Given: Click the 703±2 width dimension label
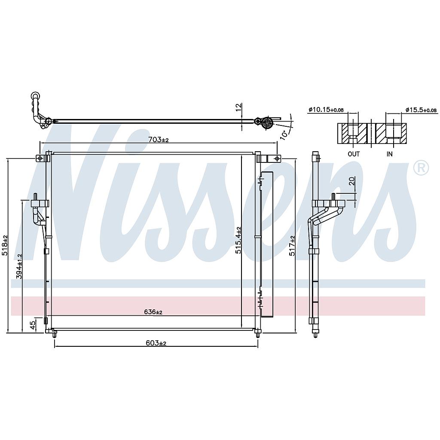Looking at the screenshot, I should [x=158, y=140].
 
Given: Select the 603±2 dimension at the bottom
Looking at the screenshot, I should [x=156, y=343].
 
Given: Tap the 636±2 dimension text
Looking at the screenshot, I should [x=153, y=312].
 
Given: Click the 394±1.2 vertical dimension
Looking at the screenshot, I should [x=19, y=266].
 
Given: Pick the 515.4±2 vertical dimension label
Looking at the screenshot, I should [x=238, y=241].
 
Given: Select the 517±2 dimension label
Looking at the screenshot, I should [x=293, y=246].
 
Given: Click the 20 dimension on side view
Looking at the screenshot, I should [x=352, y=181].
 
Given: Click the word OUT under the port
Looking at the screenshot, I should [x=354, y=154].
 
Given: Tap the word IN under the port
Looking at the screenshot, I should [x=389, y=154].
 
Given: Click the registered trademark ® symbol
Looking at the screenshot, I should [x=421, y=168].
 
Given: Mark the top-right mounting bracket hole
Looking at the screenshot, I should [x=277, y=159].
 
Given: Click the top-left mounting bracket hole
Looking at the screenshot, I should [x=40, y=159].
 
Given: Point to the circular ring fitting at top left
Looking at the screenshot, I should [x=35, y=96].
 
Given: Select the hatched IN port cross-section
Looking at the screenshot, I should [x=391, y=134].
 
